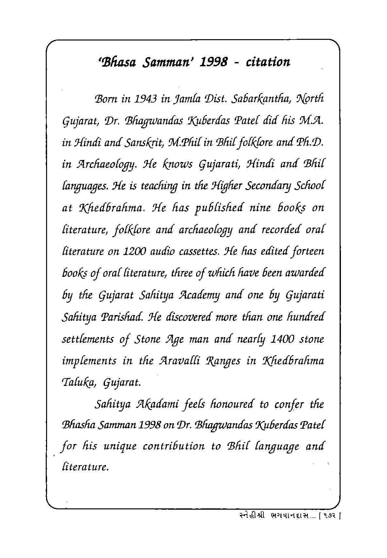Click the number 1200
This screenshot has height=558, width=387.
click(x=135, y=252)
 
